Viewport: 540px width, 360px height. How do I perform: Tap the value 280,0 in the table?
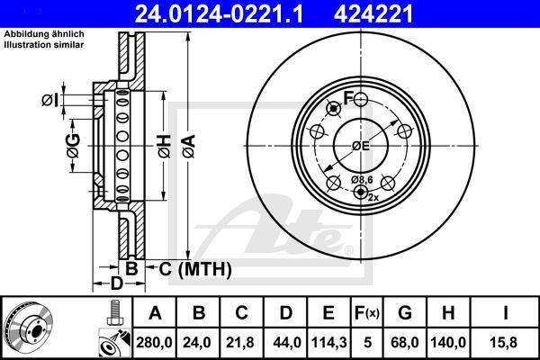154,342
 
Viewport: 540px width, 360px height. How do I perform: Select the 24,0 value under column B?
200,342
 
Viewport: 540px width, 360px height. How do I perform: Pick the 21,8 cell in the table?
243,342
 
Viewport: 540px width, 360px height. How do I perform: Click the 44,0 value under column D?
286,342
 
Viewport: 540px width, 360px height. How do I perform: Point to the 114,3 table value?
329,342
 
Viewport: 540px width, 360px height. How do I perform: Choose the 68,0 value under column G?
405,342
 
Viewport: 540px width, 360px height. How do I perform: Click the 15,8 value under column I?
507,342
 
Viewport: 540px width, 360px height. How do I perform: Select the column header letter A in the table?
154,313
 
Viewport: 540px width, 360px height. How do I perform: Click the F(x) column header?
367,313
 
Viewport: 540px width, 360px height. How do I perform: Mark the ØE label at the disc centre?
361,146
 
